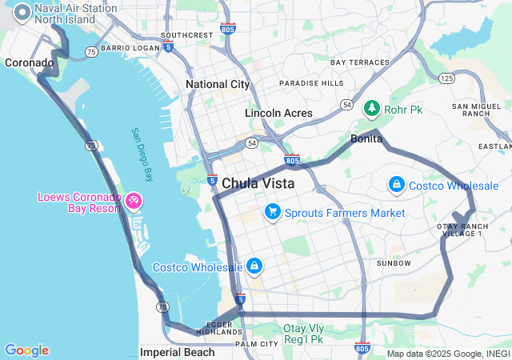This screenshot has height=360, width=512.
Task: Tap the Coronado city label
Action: (x=29, y=62)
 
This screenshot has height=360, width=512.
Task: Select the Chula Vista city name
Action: (x=258, y=183)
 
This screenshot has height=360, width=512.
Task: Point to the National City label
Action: (x=218, y=84)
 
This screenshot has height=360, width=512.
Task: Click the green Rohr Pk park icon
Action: (x=371, y=108)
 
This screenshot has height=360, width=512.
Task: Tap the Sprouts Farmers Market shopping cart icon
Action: (x=273, y=212)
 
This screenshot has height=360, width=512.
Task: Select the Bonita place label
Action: (x=366, y=139)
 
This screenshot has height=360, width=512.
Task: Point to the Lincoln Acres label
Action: (x=278, y=113)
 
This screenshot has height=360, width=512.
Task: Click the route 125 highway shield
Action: (x=446, y=78)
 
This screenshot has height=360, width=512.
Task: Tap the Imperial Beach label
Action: (x=177, y=352)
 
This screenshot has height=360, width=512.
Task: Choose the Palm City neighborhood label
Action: (x=257, y=344)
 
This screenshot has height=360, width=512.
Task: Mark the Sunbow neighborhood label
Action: (x=394, y=263)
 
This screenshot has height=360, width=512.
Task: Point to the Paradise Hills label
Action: (x=311, y=83)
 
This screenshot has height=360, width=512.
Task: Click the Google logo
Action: (x=26, y=350)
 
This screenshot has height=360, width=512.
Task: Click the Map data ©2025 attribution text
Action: (x=448, y=354)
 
